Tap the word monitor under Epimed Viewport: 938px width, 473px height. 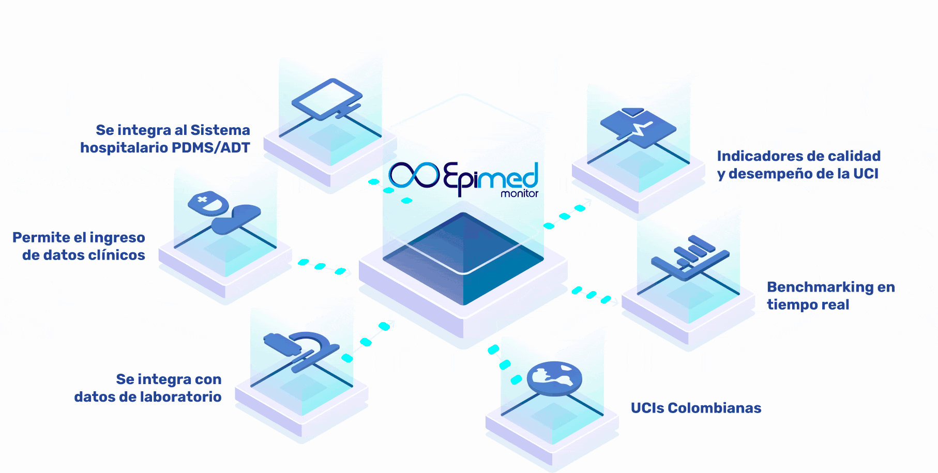(x=519, y=193)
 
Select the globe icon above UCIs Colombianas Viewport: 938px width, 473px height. (x=554, y=378)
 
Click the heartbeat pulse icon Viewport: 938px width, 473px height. (x=638, y=127)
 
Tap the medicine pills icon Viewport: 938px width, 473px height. (x=224, y=211)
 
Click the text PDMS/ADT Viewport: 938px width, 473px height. (x=210, y=148)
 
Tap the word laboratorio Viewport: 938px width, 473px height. (x=181, y=396)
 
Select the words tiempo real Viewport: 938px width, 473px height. (x=808, y=304)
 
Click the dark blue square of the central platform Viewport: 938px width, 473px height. (x=463, y=258)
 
